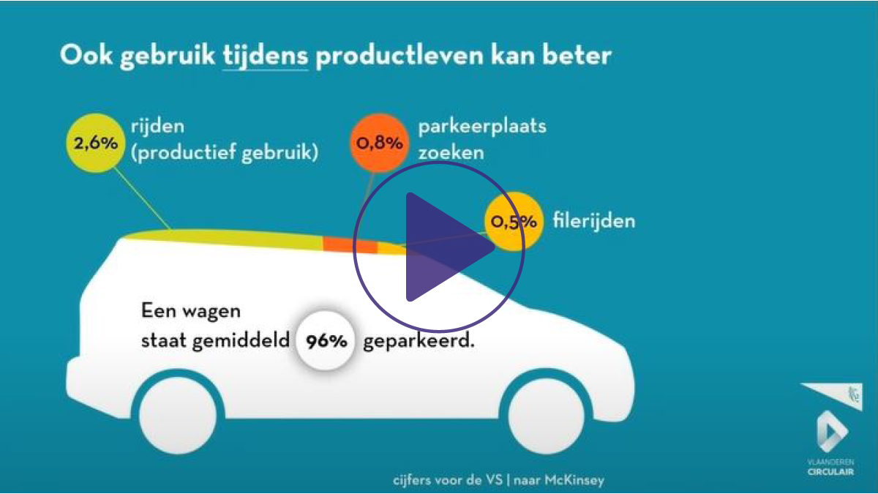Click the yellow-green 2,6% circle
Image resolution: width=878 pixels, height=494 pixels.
[x=96, y=143]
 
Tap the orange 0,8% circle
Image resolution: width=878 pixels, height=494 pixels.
[x=379, y=143]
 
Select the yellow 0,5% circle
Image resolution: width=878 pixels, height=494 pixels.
[x=514, y=222]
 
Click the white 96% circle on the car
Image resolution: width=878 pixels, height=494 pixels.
[x=326, y=341]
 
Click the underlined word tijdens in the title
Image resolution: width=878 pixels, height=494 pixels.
[x=266, y=56]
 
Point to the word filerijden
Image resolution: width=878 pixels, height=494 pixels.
[x=594, y=221]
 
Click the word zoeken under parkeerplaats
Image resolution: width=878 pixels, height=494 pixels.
[x=451, y=152]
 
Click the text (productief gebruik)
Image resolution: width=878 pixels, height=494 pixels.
[x=225, y=152]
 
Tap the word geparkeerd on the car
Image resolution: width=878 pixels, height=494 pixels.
[x=419, y=341]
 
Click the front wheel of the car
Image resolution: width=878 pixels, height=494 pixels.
[x=546, y=416]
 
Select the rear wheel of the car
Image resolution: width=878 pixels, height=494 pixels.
[x=178, y=416]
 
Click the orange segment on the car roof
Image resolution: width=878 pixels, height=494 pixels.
[x=350, y=245]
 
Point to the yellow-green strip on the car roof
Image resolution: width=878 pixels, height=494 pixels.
[x=223, y=238]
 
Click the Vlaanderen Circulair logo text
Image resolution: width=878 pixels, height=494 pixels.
[x=830, y=467]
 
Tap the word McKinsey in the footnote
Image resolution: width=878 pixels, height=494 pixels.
[x=574, y=480]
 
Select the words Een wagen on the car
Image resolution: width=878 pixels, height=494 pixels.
[x=191, y=311]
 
